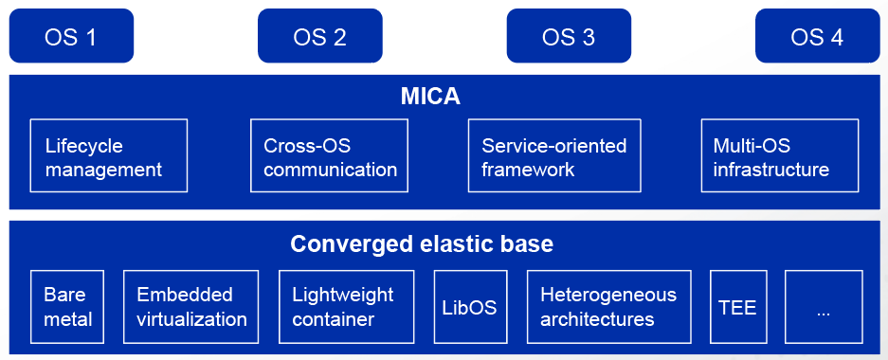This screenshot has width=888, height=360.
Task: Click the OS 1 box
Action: pyautogui.click(x=71, y=36)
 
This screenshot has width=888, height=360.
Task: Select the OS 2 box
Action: pyautogui.click(x=320, y=36)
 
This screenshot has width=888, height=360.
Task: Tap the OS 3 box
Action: pyautogui.click(x=569, y=36)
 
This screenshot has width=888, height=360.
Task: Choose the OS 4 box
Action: pyautogui.click(x=817, y=36)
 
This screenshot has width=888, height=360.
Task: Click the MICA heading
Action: pyautogui.click(x=430, y=97)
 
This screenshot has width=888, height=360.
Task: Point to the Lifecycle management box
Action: pyautogui.click(x=109, y=155)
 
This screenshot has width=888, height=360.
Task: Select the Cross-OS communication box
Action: pyautogui.click(x=329, y=155)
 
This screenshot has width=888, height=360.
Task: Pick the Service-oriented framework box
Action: pyautogui.click(x=554, y=155)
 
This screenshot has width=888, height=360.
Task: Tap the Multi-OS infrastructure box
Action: pyautogui.click(x=780, y=155)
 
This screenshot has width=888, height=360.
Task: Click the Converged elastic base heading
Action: pyautogui.click(x=422, y=244)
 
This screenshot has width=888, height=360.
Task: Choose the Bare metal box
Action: pyautogui.click(x=67, y=307)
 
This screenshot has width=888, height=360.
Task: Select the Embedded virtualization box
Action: pyautogui.click(x=190, y=307)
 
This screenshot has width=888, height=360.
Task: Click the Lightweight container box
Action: pyautogui.click(x=347, y=307)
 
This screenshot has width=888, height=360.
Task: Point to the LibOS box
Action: pyautogui.click(x=471, y=307)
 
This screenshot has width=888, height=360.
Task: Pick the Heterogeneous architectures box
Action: pyautogui.click(x=608, y=307)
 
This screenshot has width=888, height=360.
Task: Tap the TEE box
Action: pyautogui.click(x=738, y=307)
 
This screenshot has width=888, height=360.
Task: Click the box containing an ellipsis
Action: pyautogui.click(x=824, y=307)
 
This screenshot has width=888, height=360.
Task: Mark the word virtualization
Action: pyautogui.click(x=192, y=319)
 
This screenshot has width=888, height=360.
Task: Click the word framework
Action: pyautogui.click(x=528, y=170)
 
